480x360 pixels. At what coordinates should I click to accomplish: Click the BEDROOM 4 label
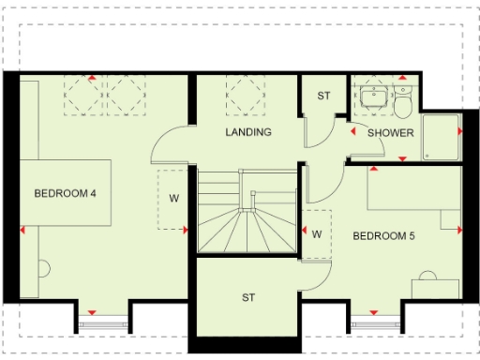pos(67,194)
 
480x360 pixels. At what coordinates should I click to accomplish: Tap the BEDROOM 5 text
pos(383,236)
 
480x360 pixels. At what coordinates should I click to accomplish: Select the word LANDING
pos(248,132)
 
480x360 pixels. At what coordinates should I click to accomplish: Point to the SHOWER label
pos(391,132)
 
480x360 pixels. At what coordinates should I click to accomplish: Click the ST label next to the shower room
pos(323,96)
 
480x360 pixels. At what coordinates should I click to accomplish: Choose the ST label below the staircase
pos(248,298)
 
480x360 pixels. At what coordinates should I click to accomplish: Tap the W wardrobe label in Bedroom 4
pos(174,198)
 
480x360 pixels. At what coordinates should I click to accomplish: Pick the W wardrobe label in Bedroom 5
pos(317,232)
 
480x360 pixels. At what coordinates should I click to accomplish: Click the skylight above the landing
pos(247,95)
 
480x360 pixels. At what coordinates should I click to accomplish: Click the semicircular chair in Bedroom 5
pos(428,277)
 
